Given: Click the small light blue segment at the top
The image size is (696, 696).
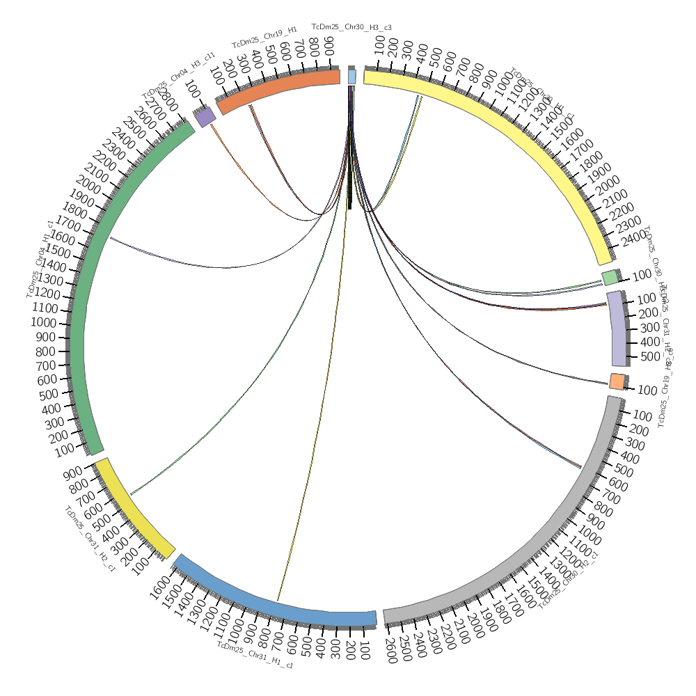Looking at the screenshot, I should click(351, 76).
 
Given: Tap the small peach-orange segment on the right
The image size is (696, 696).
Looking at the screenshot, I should click(617, 381).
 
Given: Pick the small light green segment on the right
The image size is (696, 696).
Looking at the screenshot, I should click(610, 278).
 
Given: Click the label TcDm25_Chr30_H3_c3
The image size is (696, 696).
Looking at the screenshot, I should click(351, 27).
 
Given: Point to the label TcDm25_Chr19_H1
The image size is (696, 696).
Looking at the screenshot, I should click(264, 39).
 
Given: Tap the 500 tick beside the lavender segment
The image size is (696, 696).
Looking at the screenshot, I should click(648, 357).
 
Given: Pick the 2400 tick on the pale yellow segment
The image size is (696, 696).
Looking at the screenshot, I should click(632, 239).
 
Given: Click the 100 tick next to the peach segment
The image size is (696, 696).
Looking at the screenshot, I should click(647, 390).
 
